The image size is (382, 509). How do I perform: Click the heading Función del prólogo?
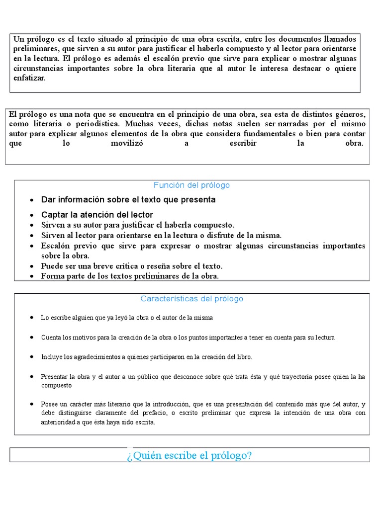tap(191, 185)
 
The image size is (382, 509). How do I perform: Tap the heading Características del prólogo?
tap(191, 299)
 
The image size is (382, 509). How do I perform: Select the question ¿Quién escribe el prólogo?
tap(190, 455)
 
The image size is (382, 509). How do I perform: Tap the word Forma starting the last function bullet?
tap(52, 276)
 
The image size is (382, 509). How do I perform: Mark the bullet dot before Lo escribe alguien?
tap(32, 317)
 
